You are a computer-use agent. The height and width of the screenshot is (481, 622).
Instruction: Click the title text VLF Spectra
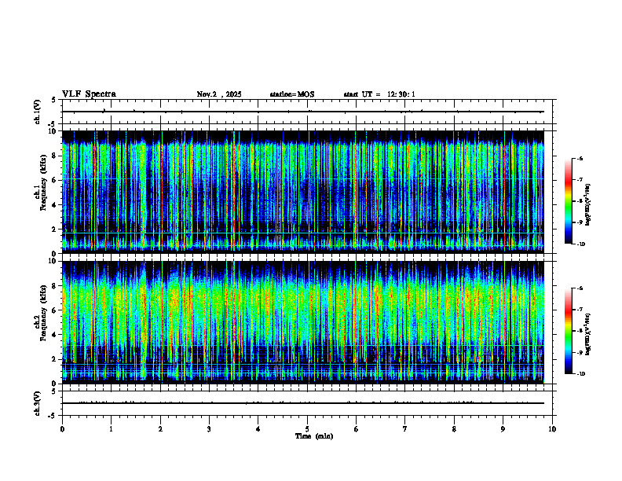[89, 94]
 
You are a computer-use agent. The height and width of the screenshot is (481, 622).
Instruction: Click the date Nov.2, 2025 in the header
[219, 94]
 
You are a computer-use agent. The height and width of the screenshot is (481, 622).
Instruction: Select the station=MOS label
[291, 94]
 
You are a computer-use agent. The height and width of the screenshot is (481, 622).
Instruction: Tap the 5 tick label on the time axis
[307, 428]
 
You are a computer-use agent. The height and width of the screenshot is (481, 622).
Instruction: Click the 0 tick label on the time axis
[62, 428]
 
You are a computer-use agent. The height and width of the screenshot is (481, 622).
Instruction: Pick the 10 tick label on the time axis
[552, 428]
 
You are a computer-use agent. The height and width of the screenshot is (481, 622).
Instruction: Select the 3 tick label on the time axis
[209, 428]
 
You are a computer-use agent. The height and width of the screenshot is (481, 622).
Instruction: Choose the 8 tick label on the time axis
[454, 428]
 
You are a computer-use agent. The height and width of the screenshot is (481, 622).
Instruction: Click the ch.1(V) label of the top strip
[37, 112]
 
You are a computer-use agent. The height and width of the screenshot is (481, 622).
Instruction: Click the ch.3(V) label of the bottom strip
[37, 402]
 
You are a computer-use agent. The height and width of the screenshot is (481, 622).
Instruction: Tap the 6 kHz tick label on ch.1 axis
[53, 180]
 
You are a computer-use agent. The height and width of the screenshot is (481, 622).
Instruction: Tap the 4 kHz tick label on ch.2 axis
[53, 335]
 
